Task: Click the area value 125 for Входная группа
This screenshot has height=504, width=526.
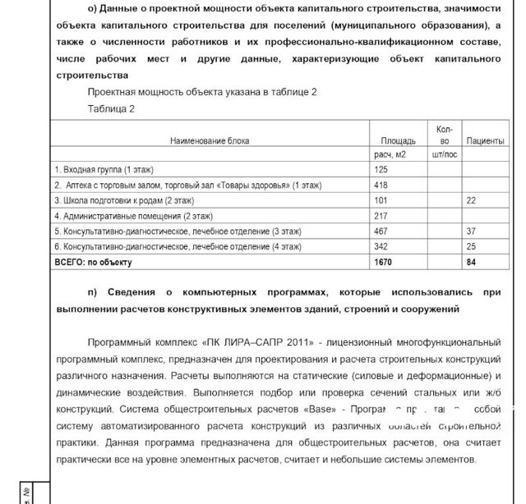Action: [381, 169]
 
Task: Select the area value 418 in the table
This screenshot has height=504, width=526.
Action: [381, 185]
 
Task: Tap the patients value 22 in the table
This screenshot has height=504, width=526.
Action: [471, 200]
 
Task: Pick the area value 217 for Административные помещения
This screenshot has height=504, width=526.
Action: [381, 216]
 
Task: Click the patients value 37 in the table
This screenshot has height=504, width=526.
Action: [471, 231]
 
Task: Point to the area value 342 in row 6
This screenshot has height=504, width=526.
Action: [381, 246]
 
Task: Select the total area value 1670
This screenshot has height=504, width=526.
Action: [383, 263]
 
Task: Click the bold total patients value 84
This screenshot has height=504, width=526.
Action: [471, 263]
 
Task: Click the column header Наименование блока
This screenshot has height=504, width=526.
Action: [210, 141]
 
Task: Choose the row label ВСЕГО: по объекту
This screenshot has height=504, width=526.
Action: [93, 263]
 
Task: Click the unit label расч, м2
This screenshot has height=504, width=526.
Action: [390, 154]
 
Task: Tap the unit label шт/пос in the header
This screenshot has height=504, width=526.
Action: [444, 154]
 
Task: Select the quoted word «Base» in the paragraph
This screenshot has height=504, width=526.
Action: [317, 408]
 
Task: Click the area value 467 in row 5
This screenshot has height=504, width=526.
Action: [381, 231]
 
